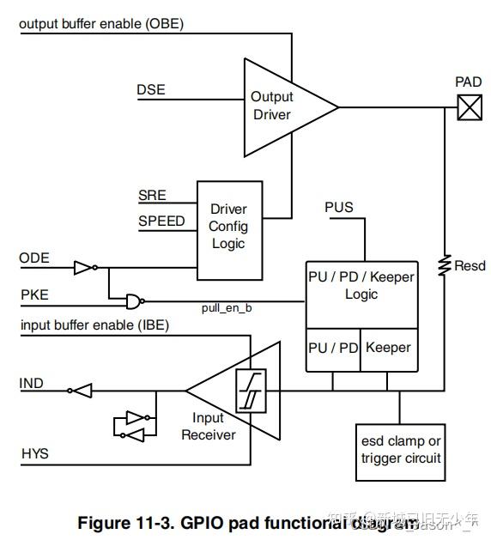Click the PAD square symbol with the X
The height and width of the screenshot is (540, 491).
point(469,107)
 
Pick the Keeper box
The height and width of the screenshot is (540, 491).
point(388,349)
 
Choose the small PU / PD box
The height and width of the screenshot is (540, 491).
point(333,349)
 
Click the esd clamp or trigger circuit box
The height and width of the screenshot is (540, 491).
point(401,451)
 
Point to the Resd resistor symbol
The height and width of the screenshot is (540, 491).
point(445,265)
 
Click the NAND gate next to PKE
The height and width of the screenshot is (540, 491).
point(134,300)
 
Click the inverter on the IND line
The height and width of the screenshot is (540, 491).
point(81,391)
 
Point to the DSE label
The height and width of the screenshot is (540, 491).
point(150,89)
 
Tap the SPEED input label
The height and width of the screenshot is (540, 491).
point(161,221)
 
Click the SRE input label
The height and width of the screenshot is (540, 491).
point(152,197)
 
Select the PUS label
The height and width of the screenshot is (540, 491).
point(338,208)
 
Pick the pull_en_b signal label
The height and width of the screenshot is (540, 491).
point(226,307)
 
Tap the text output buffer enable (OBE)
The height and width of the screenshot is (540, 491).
point(100,23)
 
